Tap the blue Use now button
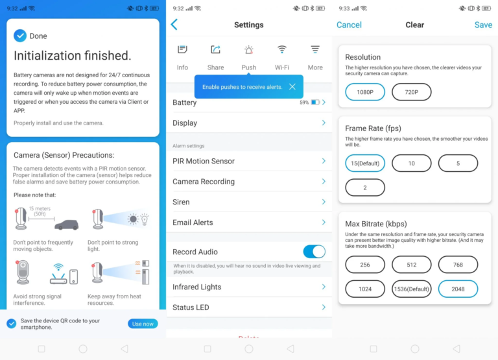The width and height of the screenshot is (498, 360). (x=143, y=324)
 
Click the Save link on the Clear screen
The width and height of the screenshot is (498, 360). (x=483, y=25)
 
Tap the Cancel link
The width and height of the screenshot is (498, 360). (x=349, y=25)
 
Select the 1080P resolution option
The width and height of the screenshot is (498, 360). (x=365, y=92)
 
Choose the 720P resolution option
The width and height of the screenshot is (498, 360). (x=411, y=92)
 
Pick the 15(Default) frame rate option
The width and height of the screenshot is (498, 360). (x=365, y=163)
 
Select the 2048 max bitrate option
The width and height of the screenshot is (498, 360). (x=458, y=289)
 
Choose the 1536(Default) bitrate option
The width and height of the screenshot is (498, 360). (x=411, y=289)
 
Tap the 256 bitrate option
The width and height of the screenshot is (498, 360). (x=365, y=265)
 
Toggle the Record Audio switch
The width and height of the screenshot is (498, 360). (x=314, y=252)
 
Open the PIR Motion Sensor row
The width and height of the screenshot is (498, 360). (x=249, y=161)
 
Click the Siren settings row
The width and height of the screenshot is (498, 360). (x=249, y=202)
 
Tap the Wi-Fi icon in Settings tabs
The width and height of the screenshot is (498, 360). (x=281, y=49)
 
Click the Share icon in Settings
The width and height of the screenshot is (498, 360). (x=216, y=49)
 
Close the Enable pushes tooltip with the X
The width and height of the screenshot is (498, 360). (x=292, y=87)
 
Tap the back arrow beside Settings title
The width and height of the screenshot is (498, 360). (x=174, y=25)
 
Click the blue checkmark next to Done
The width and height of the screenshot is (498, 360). (x=20, y=36)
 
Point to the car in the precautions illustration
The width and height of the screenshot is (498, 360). (x=66, y=224)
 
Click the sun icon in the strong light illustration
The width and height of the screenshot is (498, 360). (x=133, y=219)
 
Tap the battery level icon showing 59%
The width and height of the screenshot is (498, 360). (x=315, y=102)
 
